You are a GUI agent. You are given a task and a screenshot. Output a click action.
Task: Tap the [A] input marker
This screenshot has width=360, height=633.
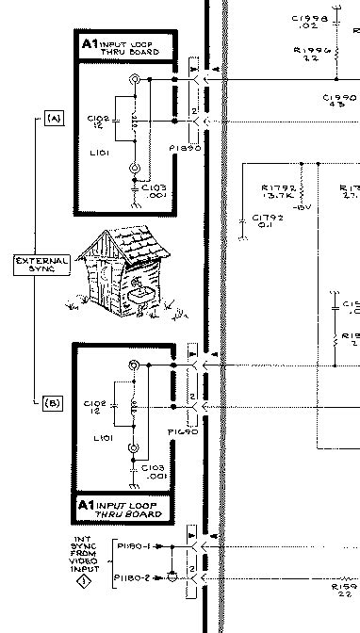(52, 118)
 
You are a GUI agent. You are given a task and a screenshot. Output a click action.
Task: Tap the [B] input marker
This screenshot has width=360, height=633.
(52, 403)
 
